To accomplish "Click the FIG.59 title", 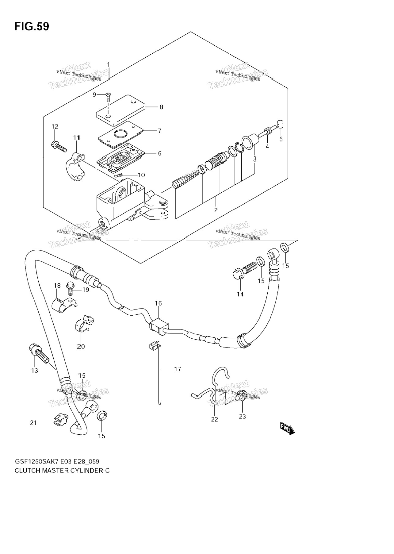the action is (x=32, y=27).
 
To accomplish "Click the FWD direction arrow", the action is (x=287, y=429).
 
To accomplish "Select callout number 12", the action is (x=55, y=126).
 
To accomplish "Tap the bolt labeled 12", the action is (x=59, y=146).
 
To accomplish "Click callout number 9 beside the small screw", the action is (x=94, y=95).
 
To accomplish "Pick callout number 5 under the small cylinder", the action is (x=281, y=139).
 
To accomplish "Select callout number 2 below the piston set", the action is (x=216, y=210).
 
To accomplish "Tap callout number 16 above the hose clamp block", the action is (x=158, y=303).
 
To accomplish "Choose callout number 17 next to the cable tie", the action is (x=178, y=369).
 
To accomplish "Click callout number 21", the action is (x=33, y=423).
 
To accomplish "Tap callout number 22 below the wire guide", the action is (x=214, y=419).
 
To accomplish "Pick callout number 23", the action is (x=242, y=417).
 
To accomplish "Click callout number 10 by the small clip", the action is (x=141, y=175).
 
